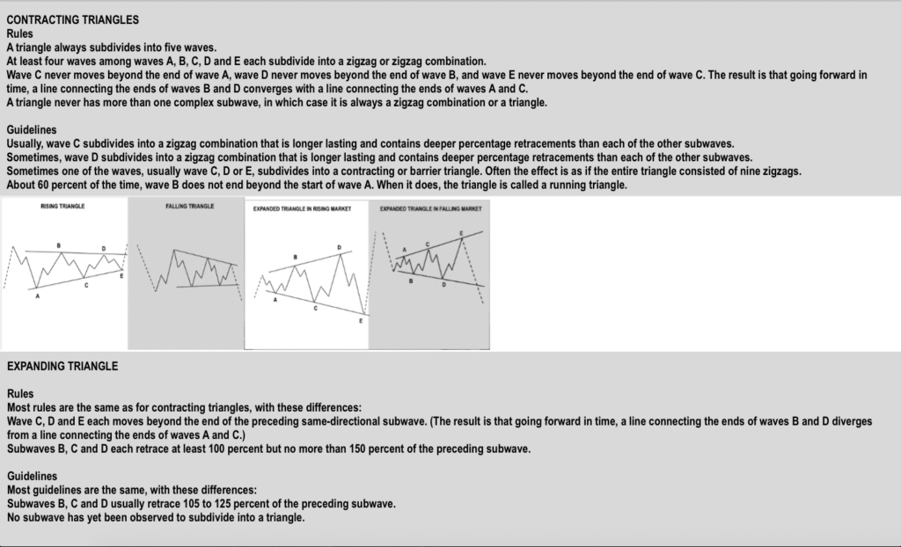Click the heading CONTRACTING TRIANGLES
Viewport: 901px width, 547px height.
72,19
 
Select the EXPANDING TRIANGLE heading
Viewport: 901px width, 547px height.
62,365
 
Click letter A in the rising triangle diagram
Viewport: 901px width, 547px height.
38,296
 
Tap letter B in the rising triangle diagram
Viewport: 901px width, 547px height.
59,244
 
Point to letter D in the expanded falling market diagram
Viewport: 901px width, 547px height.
443,284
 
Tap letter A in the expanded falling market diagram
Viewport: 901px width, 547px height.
405,250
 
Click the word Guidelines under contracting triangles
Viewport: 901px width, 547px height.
31,129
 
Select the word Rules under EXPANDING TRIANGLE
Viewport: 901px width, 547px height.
21,394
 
